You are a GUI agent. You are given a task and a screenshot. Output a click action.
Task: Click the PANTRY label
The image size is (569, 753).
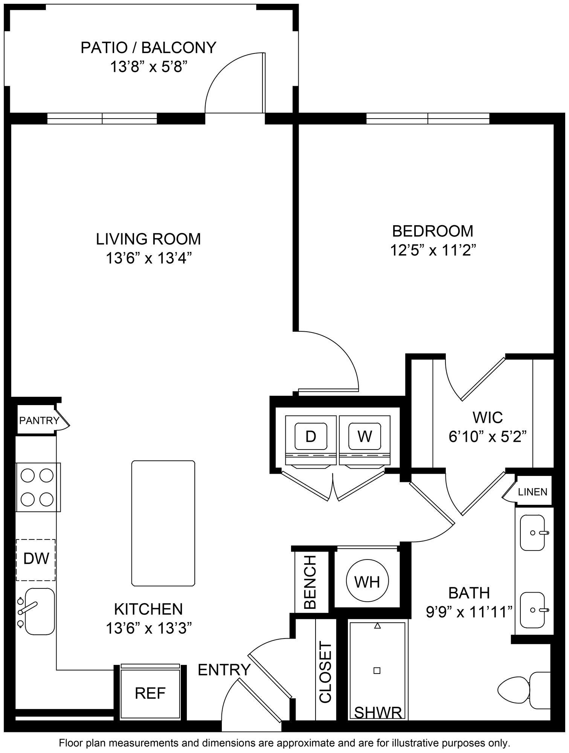pyautogui.click(x=39, y=421)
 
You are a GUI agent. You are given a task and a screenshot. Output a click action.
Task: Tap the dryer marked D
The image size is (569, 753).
pyautogui.click(x=311, y=436)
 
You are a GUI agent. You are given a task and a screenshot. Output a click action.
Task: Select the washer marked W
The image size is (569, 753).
pyautogui.click(x=365, y=436)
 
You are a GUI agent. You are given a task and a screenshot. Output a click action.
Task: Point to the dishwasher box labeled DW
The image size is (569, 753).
pyautogui.click(x=36, y=559)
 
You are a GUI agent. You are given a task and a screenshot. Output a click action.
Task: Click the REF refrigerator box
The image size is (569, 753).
pyautogui.click(x=150, y=693)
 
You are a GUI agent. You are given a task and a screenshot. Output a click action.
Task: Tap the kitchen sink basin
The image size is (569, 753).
pyautogui.click(x=40, y=611)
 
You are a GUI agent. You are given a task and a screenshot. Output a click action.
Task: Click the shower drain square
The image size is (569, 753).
pyautogui.click(x=377, y=671)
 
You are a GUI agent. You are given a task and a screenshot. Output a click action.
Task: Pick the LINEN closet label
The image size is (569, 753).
pyautogui.click(x=532, y=492)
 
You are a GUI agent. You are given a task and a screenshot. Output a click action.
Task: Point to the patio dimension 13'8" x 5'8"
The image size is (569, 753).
pyautogui.click(x=149, y=67)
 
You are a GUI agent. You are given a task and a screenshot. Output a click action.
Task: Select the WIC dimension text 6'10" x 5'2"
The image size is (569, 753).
pyautogui.click(x=487, y=437)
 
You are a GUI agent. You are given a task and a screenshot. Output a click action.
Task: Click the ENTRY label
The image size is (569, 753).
pyautogui.click(x=224, y=670)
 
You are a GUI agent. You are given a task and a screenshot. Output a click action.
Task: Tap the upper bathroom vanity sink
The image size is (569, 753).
pyautogui.click(x=532, y=533)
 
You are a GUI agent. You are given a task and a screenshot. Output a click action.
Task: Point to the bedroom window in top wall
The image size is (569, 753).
pyautogui.click(x=428, y=119)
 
